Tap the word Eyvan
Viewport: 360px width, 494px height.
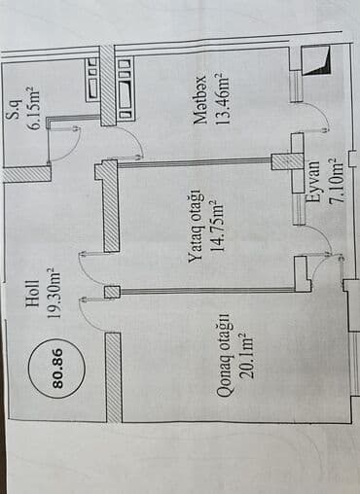(312, 181)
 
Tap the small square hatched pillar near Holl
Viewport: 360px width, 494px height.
(111, 292)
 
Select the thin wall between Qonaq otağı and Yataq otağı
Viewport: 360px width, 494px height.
(204, 290)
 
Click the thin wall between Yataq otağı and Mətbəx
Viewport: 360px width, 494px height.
(195, 163)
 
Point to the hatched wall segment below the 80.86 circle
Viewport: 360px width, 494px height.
(113, 376)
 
